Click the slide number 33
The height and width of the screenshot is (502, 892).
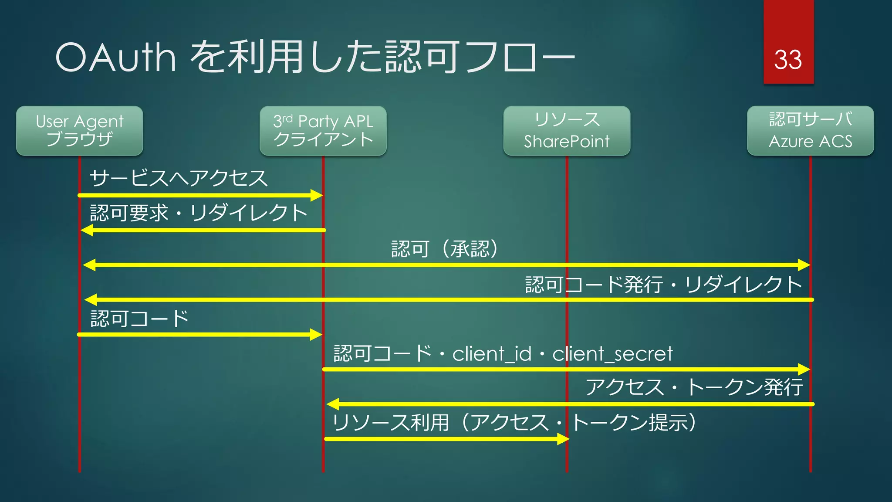click(788, 60)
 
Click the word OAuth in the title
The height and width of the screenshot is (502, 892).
click(116, 58)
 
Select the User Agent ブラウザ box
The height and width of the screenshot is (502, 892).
click(80, 131)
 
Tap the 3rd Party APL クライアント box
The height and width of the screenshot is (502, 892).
click(323, 131)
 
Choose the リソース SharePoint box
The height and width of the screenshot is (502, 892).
click(567, 131)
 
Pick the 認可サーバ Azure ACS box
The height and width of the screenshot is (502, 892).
click(810, 131)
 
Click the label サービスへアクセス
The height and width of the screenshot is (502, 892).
click(179, 178)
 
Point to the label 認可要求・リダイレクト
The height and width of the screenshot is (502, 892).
click(199, 213)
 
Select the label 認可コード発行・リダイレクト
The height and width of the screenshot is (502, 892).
click(663, 285)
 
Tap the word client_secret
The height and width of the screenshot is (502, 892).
click(612, 353)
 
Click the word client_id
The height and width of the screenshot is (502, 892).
click(492, 353)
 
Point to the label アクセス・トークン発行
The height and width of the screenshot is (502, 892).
click(694, 387)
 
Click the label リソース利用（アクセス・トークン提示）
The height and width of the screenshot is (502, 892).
click(514, 422)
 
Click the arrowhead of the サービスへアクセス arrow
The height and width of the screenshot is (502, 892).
click(317, 195)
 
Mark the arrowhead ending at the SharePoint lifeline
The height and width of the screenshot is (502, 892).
click(563, 439)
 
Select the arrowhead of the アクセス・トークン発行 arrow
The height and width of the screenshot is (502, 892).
click(333, 404)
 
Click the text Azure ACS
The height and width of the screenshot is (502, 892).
click(810, 141)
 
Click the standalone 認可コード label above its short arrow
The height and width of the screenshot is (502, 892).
click(139, 319)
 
